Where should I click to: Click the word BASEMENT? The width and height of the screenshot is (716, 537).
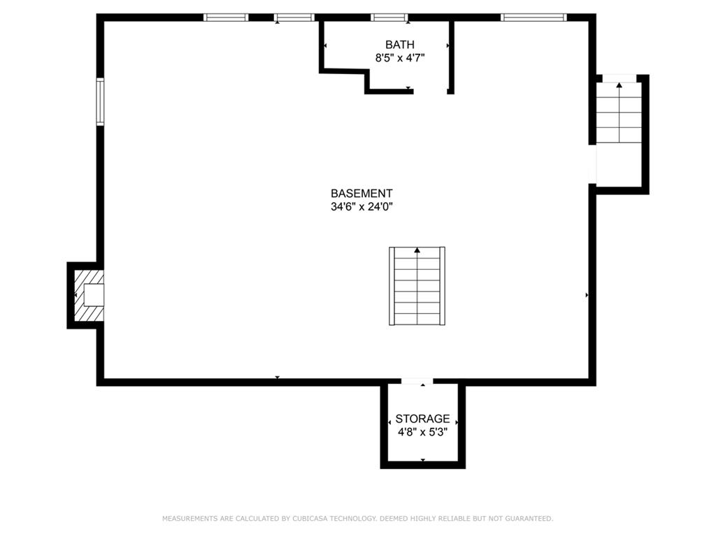click(361, 193)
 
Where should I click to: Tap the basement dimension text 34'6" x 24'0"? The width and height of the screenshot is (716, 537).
click(361, 207)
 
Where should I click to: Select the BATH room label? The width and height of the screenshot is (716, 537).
click(399, 45)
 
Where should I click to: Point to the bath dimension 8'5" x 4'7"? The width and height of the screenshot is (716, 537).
click(400, 58)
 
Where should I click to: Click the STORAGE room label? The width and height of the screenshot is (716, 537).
click(422, 419)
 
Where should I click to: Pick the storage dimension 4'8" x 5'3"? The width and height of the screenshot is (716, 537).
click(422, 432)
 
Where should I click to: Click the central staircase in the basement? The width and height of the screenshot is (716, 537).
click(417, 286)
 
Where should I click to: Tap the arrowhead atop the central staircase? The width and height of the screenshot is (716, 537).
click(417, 250)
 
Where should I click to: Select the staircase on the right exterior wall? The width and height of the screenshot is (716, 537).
click(619, 113)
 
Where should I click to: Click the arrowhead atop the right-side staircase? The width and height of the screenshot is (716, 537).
click(619, 85)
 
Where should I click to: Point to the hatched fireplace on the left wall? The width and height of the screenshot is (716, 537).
click(89, 295)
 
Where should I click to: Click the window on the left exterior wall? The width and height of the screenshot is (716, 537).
click(100, 101)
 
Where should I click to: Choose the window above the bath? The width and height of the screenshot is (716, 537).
click(389, 17)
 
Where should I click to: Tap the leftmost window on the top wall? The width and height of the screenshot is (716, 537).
click(226, 17)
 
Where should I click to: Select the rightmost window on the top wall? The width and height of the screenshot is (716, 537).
click(534, 17)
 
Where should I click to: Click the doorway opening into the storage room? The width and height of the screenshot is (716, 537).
click(417, 381)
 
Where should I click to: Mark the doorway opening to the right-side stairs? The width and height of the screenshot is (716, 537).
click(592, 164)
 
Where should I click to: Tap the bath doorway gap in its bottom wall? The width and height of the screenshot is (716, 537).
click(430, 92)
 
